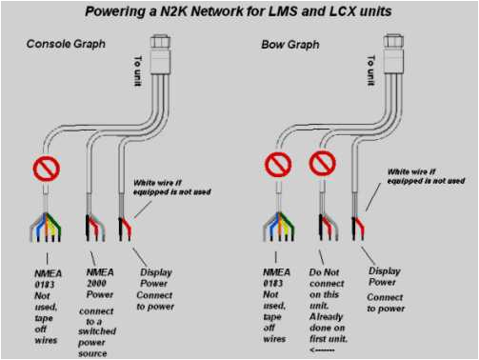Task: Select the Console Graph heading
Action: [x=66, y=45]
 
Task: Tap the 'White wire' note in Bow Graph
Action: [x=425, y=176]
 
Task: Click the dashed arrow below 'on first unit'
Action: [x=324, y=349]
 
